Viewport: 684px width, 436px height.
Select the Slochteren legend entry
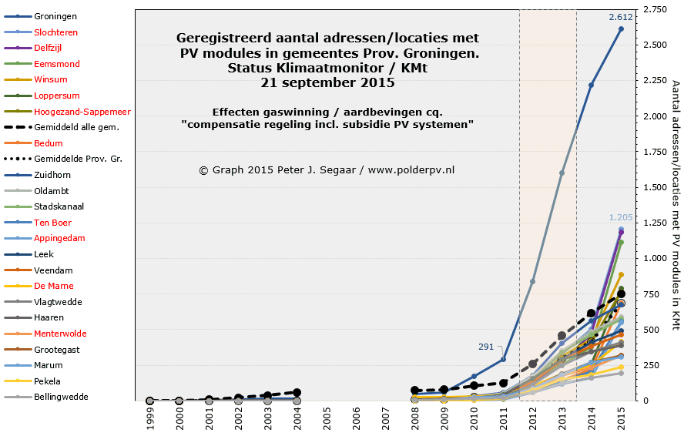55,32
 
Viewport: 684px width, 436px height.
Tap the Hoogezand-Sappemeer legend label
76,112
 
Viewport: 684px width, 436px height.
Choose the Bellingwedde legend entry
61,397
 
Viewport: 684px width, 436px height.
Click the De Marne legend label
55,286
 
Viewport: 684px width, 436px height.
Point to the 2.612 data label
620,17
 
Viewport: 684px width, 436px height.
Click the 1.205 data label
620,218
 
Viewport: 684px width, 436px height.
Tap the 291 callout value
486,347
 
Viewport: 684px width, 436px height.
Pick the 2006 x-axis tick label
356,418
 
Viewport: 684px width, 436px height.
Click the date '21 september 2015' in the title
327,83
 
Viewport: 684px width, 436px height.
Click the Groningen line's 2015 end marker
621,29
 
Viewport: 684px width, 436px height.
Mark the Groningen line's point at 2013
562,173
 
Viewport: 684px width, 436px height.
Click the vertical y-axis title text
676,205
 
